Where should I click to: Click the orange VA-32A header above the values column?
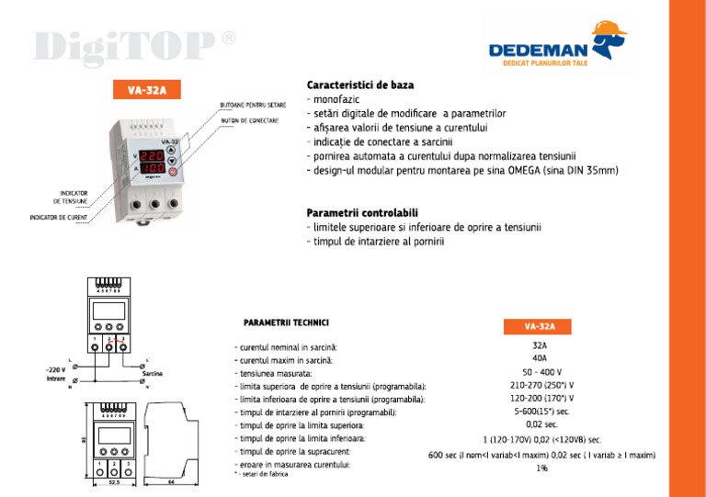coord(541,326)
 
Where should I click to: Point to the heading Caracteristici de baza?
coord(359,85)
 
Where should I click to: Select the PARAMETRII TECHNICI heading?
coord(286,323)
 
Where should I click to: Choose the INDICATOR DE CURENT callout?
coord(61,217)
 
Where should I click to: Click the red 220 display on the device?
coord(154,156)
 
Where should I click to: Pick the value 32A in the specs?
coord(541,346)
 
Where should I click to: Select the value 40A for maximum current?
coord(541,359)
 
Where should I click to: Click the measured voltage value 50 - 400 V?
coord(541,373)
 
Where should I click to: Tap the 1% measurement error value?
coord(541,468)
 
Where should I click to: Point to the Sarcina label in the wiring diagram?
coord(153,375)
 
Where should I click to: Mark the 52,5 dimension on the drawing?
coord(114,480)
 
